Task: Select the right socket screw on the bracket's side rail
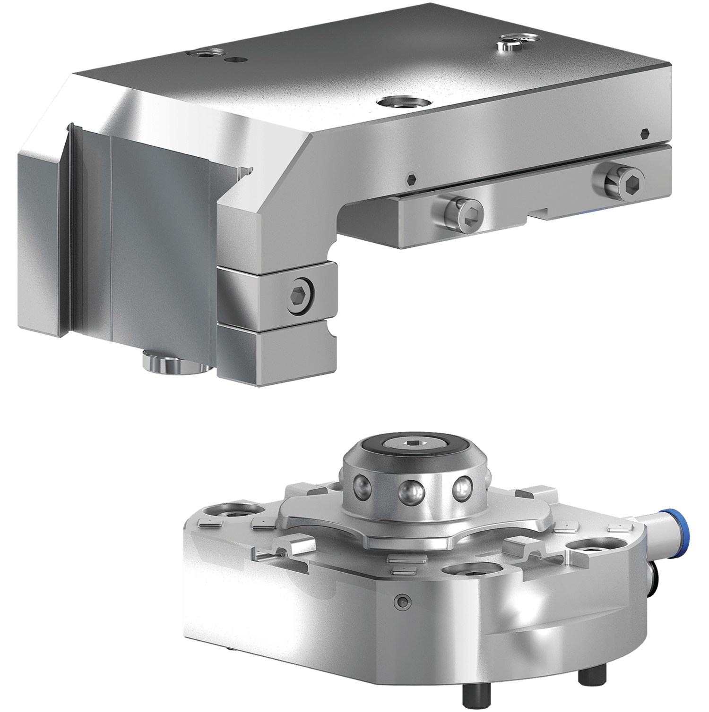coord(623,180)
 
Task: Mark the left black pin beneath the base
coord(473,695)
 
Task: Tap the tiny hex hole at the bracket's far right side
coord(643,133)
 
